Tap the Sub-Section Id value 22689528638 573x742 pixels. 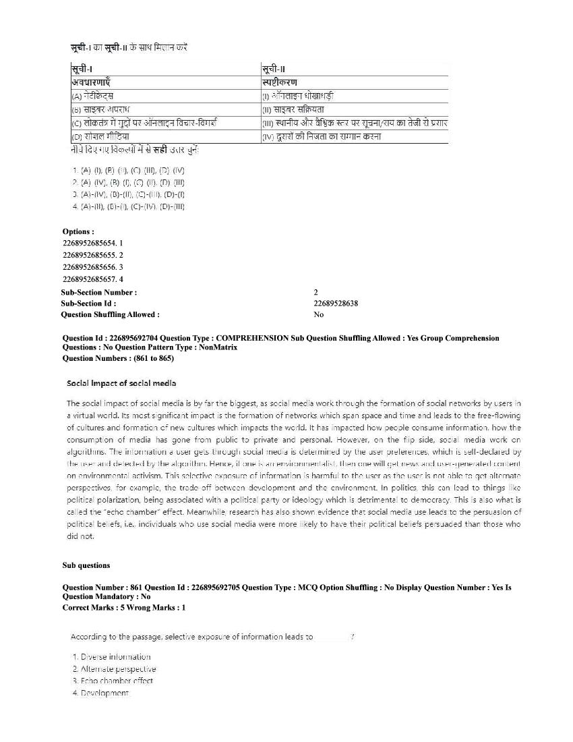click(336, 304)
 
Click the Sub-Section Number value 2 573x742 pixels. click(315, 292)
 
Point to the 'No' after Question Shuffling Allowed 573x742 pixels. click(318, 314)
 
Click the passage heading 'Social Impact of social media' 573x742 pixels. click(121, 383)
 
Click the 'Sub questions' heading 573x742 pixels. click(86, 565)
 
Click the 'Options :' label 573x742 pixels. click(78, 231)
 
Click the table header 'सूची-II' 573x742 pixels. click(274, 69)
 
